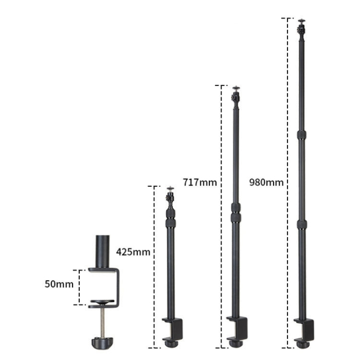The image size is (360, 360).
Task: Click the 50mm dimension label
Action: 59,284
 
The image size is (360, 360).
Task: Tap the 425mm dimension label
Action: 133,252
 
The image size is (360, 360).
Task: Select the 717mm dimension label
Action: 200,182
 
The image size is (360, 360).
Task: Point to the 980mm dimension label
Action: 266,182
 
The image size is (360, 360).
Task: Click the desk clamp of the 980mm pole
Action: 305,330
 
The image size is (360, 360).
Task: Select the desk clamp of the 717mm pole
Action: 238,331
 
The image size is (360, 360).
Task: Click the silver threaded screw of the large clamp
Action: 102,322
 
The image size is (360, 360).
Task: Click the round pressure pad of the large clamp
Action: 102,303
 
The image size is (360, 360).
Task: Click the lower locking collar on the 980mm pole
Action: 301,225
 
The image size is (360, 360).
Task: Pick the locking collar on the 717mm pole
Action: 235,213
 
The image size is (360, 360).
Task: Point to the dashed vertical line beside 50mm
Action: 79,287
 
